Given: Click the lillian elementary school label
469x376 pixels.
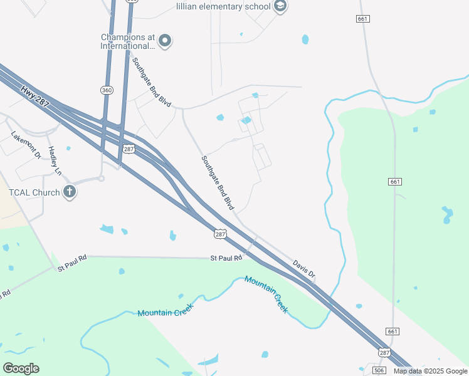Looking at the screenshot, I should (x=223, y=6).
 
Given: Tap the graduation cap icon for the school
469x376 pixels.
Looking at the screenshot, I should (x=280, y=6).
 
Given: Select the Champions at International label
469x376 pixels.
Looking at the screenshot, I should (x=127, y=41).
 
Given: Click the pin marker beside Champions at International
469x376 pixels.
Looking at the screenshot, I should (x=165, y=41).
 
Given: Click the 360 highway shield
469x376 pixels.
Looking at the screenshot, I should (x=107, y=90).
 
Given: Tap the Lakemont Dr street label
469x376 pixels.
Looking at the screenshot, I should (x=25, y=145).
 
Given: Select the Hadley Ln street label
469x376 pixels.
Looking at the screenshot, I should (x=55, y=160).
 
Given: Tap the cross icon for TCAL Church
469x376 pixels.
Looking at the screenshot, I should (x=70, y=192).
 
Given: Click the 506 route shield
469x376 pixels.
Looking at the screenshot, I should (x=379, y=370).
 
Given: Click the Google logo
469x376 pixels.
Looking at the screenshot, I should (x=21, y=368).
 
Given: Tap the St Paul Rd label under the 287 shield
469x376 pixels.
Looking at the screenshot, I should (x=226, y=258).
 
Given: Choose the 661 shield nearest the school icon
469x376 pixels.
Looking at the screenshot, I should (x=362, y=19).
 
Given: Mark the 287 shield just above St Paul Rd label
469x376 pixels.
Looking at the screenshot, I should (x=219, y=234).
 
